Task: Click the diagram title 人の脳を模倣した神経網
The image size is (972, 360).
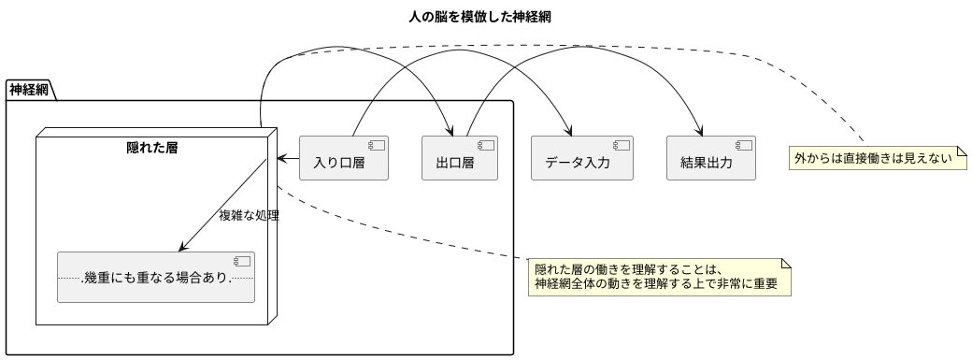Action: [x=485, y=17]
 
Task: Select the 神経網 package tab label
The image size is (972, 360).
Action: [x=30, y=90]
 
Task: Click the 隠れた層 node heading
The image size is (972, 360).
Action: [x=153, y=147]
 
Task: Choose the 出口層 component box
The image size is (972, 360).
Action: [x=459, y=158]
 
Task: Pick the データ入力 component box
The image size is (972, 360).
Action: [x=581, y=158]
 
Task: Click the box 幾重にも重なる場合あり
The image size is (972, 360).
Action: [x=156, y=277]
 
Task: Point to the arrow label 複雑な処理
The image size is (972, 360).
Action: [x=249, y=214]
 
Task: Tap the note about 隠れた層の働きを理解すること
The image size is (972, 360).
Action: [x=659, y=277]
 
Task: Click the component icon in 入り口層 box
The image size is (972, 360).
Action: [x=378, y=145]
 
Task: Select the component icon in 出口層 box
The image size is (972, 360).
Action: [x=486, y=145]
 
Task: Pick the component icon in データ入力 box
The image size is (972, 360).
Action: [x=622, y=145]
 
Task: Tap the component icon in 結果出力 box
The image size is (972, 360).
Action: [x=745, y=145]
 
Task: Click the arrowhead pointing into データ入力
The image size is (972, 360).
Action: [x=569, y=130]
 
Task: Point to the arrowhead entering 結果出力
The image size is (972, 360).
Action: [x=702, y=130]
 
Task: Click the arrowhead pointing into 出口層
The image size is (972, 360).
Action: [x=451, y=130]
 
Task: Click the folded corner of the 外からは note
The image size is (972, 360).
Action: [x=960, y=151]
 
